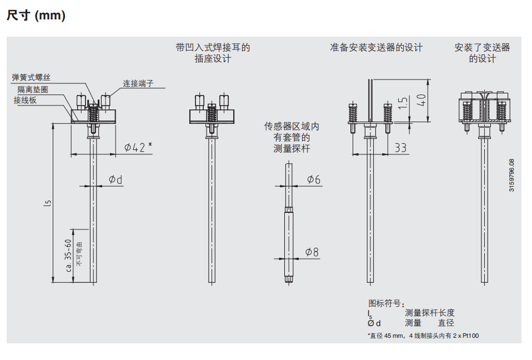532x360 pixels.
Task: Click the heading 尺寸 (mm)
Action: pos(36,16)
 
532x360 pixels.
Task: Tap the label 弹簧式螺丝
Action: pos(35,78)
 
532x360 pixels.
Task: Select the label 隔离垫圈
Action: pos(32,89)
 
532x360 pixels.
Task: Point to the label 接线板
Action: pos(26,100)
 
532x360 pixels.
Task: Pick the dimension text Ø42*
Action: pos(138,147)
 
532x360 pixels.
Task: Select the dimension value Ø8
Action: pos(313,252)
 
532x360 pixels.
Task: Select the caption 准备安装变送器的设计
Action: pos(376,48)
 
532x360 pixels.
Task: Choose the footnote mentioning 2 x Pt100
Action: pos(423,336)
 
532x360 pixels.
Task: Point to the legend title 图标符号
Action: pos(387,303)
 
